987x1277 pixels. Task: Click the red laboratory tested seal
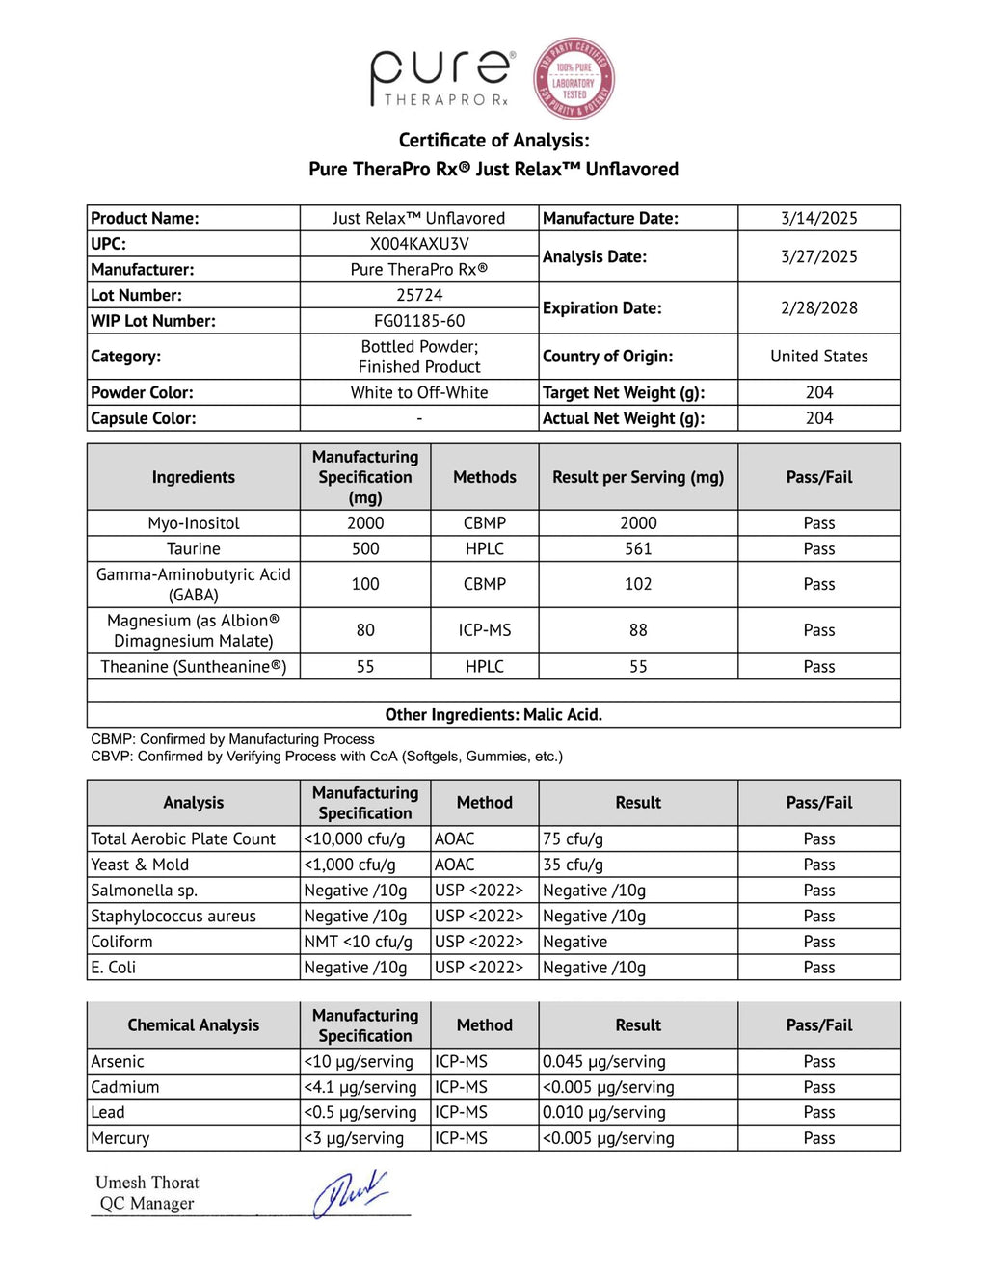(574, 78)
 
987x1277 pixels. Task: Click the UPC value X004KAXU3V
(419, 244)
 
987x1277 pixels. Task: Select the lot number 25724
(419, 295)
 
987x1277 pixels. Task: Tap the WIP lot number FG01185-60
(419, 321)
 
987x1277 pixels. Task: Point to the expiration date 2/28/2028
(818, 307)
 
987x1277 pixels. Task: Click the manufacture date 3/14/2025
(818, 218)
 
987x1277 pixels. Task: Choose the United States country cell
(818, 357)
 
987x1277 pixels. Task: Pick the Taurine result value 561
(638, 548)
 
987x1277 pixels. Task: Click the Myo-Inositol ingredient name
(194, 523)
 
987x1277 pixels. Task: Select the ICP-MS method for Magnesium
(484, 630)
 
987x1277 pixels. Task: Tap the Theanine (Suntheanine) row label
(194, 667)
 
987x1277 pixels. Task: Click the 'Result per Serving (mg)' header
(638, 477)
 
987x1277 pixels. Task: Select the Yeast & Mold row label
(140, 865)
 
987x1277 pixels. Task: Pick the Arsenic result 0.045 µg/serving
(603, 1061)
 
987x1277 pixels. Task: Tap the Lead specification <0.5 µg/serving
(360, 1112)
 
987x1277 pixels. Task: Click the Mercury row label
(120, 1138)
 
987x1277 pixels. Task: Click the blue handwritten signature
(349, 1193)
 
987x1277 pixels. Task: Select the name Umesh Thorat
(147, 1183)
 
